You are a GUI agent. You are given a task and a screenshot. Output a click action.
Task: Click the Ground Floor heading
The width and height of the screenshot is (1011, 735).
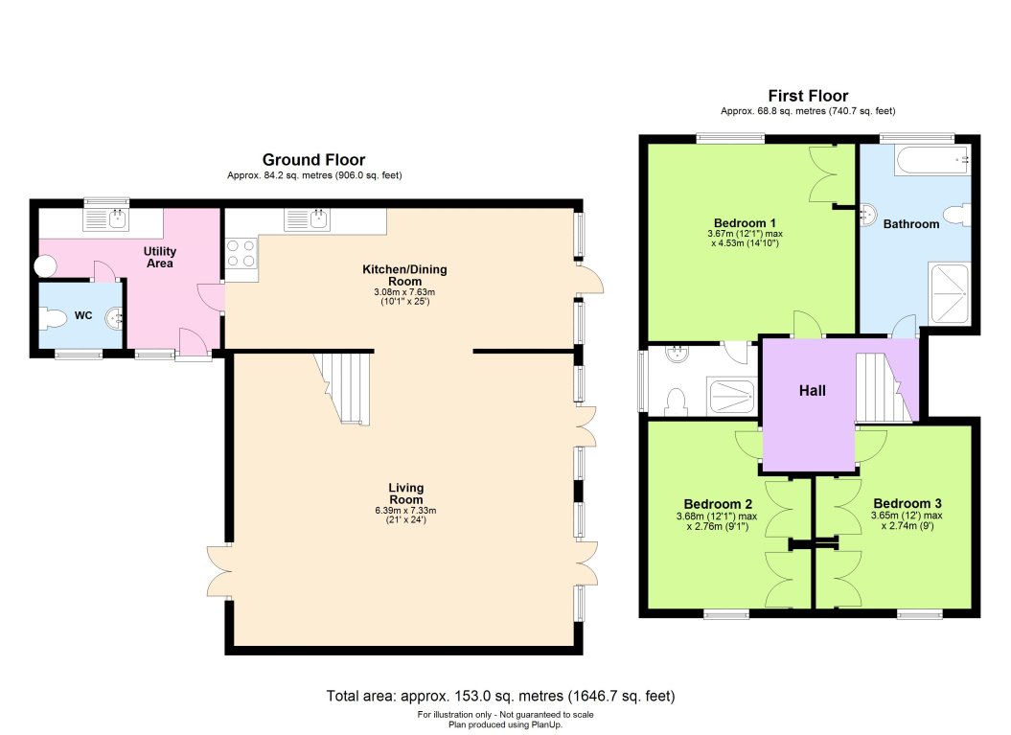(313, 160)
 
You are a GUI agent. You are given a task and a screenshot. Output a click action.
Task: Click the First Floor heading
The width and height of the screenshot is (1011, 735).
(808, 96)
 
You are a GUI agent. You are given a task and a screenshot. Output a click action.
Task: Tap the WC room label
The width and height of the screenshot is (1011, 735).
(83, 316)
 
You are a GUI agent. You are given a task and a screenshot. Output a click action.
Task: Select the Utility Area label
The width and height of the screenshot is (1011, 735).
(160, 257)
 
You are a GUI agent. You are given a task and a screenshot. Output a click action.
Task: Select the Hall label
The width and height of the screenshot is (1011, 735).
(812, 390)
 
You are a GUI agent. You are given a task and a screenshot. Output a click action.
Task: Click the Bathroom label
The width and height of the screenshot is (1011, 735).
(910, 223)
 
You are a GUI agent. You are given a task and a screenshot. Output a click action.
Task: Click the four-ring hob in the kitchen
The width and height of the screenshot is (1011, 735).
(241, 253)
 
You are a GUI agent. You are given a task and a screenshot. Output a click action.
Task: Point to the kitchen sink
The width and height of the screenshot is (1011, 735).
(307, 220)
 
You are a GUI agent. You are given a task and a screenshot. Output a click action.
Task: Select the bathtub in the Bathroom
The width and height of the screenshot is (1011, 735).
(931, 160)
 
